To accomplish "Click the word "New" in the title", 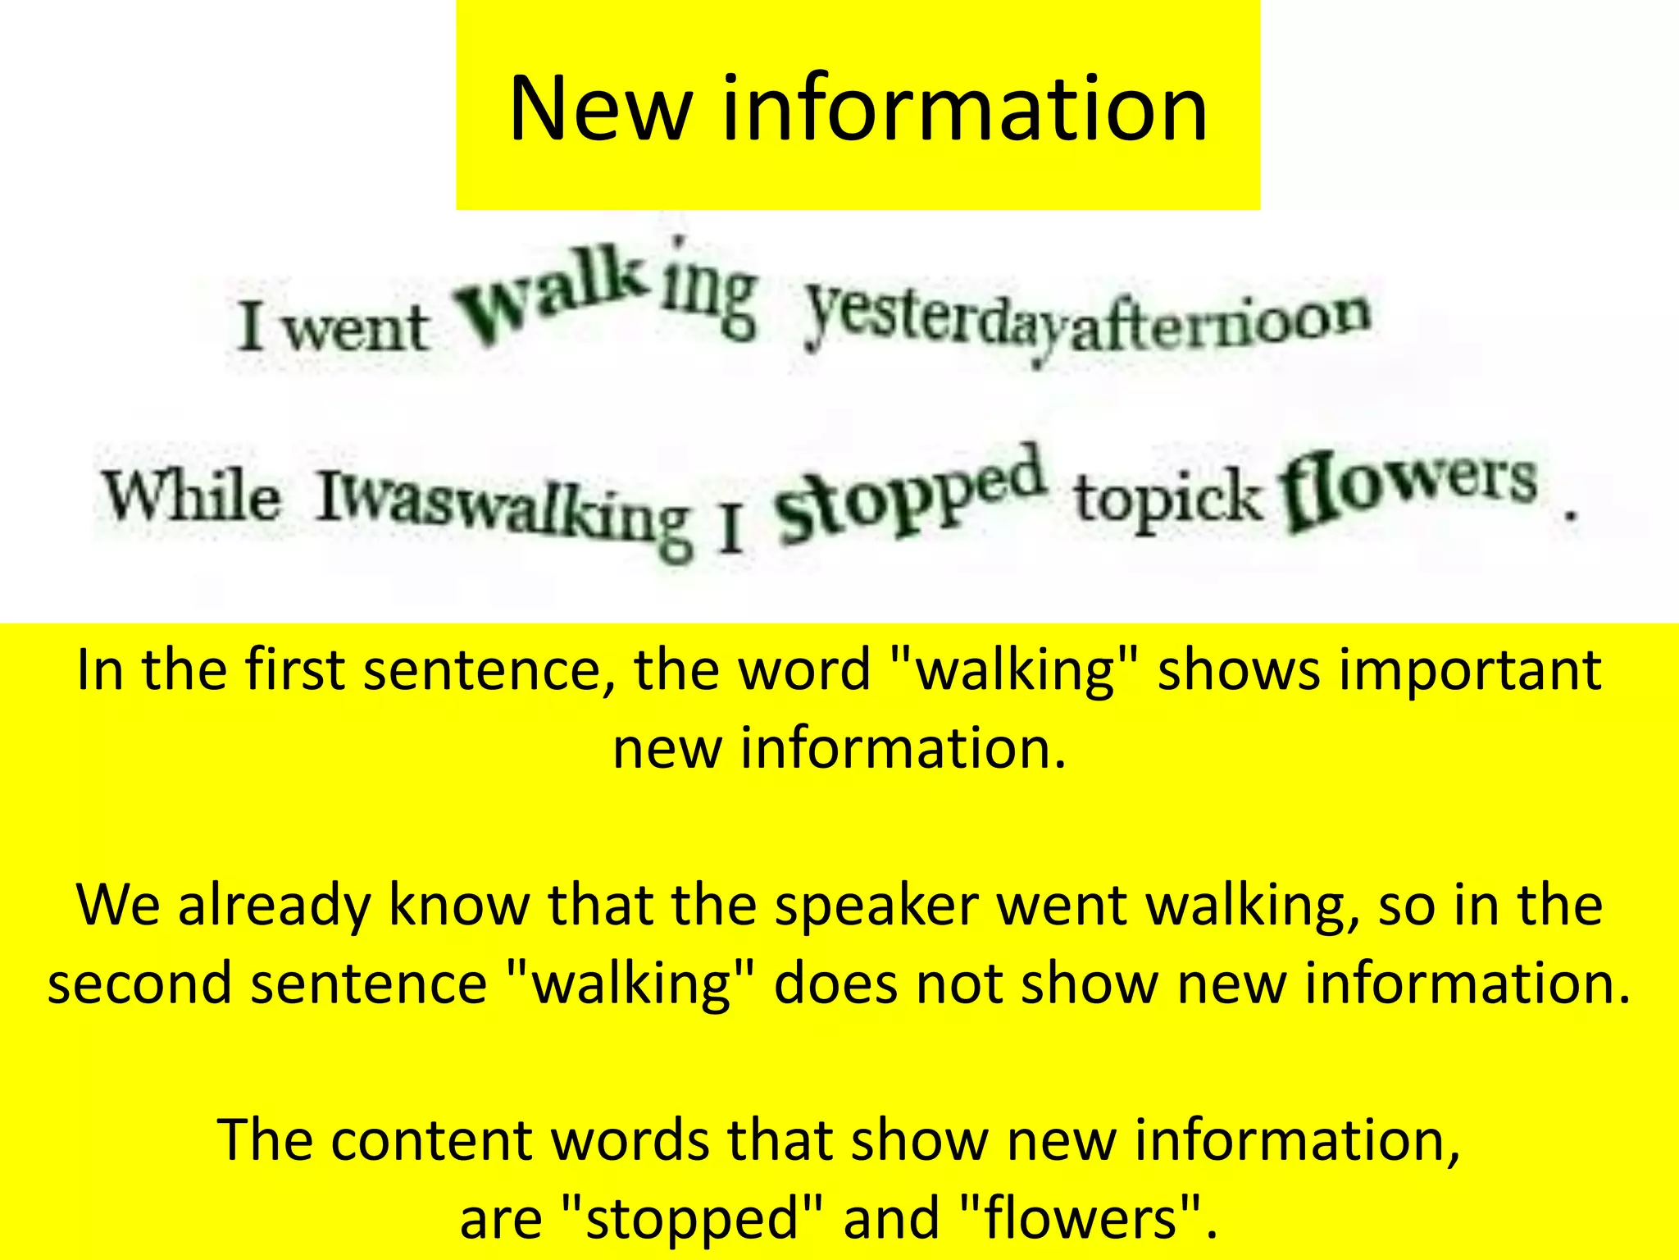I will click(x=599, y=108).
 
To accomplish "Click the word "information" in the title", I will click(x=964, y=108).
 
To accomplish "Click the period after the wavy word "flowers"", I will click(x=1569, y=516).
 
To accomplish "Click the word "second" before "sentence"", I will click(x=139, y=983).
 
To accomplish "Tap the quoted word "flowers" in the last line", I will click(x=1081, y=1217).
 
